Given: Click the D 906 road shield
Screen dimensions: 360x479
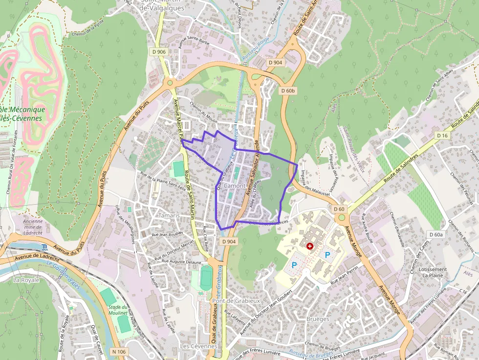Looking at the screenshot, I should point(158,52).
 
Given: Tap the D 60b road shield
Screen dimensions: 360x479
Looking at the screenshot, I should point(288,91).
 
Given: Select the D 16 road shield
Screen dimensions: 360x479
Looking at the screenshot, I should point(442,135).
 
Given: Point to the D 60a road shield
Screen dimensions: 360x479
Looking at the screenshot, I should point(436,234).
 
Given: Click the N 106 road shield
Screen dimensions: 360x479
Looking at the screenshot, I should point(119,352).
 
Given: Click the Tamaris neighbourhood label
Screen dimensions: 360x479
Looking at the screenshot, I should point(169,215).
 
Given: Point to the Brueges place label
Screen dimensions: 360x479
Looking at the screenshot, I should point(317,319).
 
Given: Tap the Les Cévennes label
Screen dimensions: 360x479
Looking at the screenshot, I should point(198,346).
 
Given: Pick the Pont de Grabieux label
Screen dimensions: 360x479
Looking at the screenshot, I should point(236,301).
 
